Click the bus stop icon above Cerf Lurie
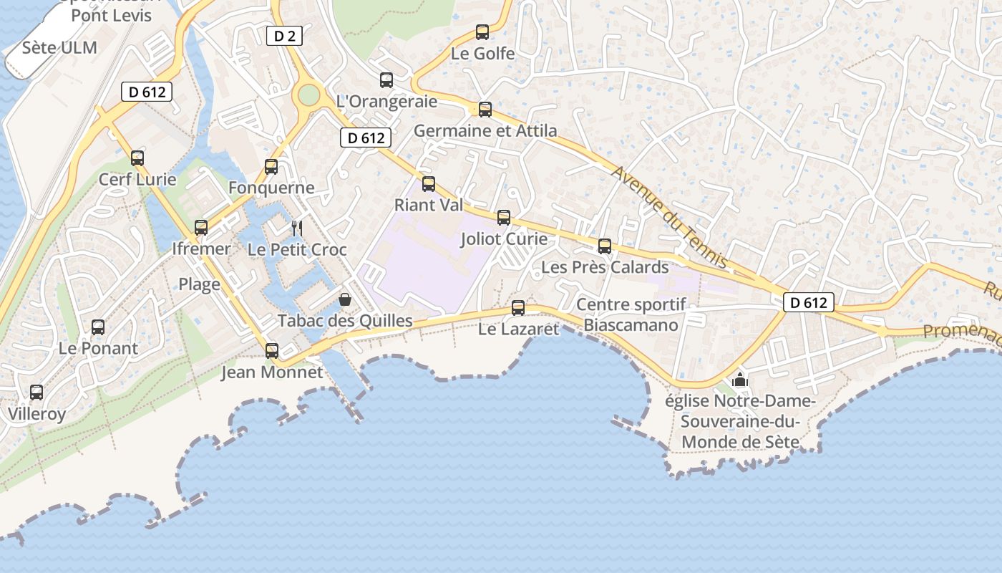click(x=137, y=158)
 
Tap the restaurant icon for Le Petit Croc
click(x=297, y=228)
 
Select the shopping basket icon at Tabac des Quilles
click(x=345, y=299)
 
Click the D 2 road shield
click(x=285, y=35)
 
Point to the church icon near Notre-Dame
click(x=740, y=379)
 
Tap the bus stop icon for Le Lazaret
click(x=518, y=308)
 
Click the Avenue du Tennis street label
click(x=669, y=217)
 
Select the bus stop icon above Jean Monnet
click(x=272, y=351)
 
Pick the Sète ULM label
click(x=59, y=48)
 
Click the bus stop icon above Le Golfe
click(x=482, y=32)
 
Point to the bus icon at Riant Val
click(x=429, y=184)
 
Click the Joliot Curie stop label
click(x=504, y=239)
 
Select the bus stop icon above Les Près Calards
click(x=605, y=246)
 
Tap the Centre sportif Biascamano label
click(x=631, y=314)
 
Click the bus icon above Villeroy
click(x=37, y=393)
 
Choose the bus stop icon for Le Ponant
click(x=98, y=327)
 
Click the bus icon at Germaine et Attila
click(x=485, y=110)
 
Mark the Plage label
click(x=199, y=284)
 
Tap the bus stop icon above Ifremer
click(x=201, y=228)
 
